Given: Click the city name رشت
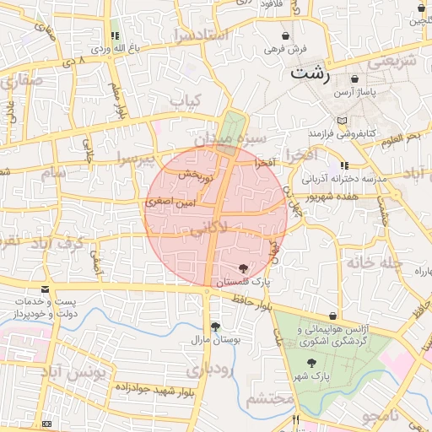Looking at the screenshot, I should [x=310, y=73].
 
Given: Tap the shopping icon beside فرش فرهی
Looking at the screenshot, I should [x=287, y=36].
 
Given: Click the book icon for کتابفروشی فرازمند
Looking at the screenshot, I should [x=342, y=121].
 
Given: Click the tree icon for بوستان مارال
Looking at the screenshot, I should [x=215, y=326].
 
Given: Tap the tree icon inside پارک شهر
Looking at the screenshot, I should [x=312, y=362].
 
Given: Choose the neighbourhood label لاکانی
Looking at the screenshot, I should [x=208, y=227].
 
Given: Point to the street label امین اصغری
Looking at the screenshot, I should [x=170, y=202].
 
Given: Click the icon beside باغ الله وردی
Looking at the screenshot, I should [x=114, y=36].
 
